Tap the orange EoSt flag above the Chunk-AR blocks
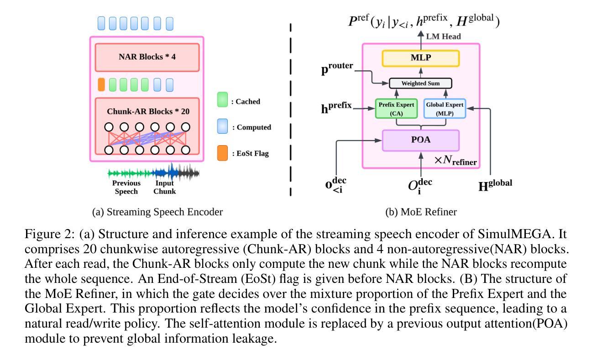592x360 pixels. pyautogui.click(x=101, y=84)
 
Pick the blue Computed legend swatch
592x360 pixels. pyautogui.click(x=222, y=127)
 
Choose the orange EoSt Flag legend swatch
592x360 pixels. pyautogui.click(x=222, y=153)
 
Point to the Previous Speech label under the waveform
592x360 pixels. pyautogui.click(x=126, y=187)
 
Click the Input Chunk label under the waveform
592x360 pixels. pyautogui.click(x=164, y=187)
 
